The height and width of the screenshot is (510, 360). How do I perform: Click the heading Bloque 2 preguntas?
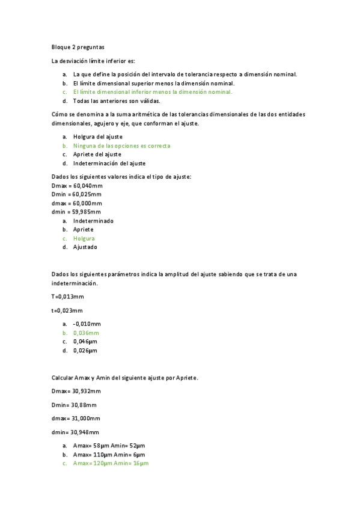pos(78,46)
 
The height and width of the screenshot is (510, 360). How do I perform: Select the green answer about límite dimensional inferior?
pos(152,92)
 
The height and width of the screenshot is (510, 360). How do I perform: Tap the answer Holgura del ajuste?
pos(97,137)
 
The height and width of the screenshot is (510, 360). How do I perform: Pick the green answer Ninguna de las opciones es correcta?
pos(121,146)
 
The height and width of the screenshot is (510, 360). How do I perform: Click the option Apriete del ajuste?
pos(97,155)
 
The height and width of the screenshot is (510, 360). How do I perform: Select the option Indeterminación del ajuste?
pos(109,163)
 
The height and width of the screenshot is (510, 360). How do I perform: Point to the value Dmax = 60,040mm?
pos(77,185)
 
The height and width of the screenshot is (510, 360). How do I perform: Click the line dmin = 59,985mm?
pos(76,212)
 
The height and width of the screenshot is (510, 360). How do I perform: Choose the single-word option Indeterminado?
pos(93,221)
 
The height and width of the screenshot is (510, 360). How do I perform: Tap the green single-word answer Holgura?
pos(84,238)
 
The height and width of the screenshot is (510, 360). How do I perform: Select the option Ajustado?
pos(85,247)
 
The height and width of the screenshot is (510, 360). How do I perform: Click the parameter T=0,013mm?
pos(68,296)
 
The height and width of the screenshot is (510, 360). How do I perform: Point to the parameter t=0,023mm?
pos(67,310)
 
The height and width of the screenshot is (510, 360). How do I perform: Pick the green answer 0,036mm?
pos(86,333)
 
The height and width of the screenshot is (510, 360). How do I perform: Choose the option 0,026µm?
pos(85,350)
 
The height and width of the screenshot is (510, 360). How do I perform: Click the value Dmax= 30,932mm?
pos(76,391)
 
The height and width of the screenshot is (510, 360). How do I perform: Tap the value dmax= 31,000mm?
pos(76,418)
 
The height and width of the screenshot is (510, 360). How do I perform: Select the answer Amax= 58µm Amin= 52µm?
pos(109,446)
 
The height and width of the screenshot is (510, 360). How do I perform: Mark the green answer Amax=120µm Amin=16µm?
pos(111,464)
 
